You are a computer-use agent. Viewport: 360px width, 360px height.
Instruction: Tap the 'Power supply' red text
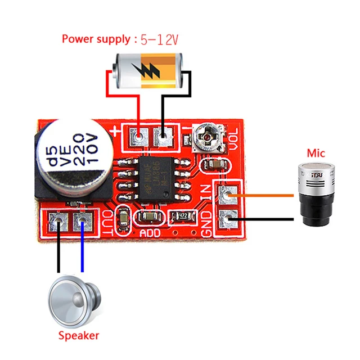tap(96, 39)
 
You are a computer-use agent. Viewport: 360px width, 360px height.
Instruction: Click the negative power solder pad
tap(164, 136)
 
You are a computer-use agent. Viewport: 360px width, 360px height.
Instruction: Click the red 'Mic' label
tap(316, 152)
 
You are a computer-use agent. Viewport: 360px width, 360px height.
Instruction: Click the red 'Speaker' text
tap(79, 335)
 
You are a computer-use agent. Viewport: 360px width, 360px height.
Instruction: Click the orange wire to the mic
tap(264, 195)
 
